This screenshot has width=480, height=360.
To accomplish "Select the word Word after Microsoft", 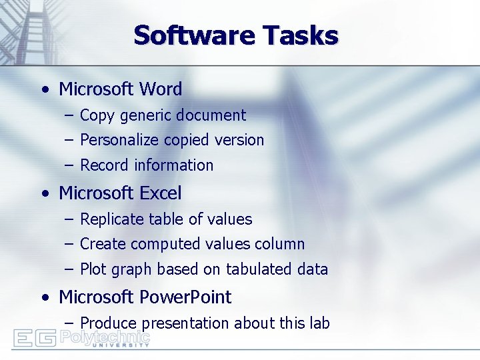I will point(161,89).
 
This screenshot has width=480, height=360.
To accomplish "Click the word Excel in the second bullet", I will point(160,193).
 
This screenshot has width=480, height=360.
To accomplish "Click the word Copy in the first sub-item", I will point(97,116).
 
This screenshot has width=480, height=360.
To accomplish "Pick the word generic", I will point(143,116).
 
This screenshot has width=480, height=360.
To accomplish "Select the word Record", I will point(104,165).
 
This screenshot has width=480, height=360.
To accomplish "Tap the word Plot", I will point(93,269).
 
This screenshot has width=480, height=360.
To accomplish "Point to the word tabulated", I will point(260,269).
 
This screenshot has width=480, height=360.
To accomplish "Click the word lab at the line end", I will point(320,323).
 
